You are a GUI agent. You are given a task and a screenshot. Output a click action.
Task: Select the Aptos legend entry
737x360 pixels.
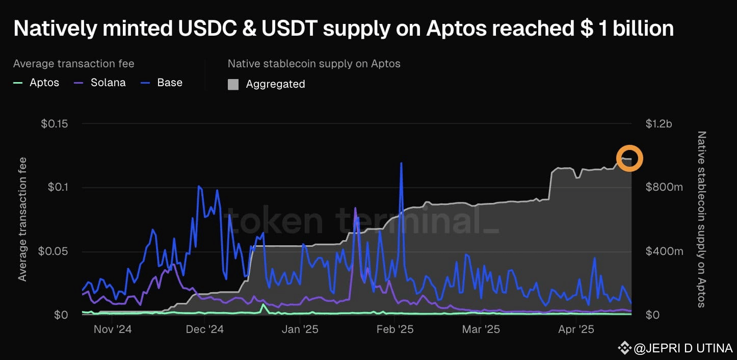[x=36, y=83]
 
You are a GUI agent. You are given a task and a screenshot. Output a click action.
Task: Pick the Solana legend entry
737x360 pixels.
[x=100, y=83]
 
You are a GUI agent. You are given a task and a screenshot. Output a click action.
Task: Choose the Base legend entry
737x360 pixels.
[x=162, y=83]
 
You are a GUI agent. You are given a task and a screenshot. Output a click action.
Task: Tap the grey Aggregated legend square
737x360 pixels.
[x=233, y=84]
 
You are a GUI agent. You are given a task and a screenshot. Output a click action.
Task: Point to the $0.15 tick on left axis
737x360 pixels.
[x=55, y=124]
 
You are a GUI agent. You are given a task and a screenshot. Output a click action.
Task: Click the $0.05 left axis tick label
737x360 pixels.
[x=53, y=251]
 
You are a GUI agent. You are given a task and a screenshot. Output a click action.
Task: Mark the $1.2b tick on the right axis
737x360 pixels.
[x=659, y=124]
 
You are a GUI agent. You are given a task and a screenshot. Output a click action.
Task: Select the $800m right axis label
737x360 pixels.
[x=664, y=187]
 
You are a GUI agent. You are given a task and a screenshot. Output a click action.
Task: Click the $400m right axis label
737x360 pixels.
[x=664, y=251]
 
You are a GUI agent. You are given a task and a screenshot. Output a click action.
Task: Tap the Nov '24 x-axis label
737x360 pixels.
[x=113, y=329]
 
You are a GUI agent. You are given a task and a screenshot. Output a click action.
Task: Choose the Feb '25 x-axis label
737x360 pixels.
[x=395, y=329]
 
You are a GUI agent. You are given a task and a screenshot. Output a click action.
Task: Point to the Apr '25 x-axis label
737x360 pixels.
[x=576, y=329]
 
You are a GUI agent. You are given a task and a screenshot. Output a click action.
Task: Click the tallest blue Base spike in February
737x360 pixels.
[x=401, y=163]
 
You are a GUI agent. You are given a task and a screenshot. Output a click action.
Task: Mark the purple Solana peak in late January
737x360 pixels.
[x=355, y=208]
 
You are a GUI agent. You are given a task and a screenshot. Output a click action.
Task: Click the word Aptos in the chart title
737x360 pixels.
[x=457, y=28]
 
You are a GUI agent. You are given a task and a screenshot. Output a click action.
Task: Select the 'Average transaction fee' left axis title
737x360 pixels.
[x=22, y=219]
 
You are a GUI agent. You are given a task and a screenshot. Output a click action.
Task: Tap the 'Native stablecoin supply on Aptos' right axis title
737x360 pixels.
[x=701, y=219]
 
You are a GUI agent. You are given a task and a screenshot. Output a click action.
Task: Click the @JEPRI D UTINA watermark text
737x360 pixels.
[x=683, y=348]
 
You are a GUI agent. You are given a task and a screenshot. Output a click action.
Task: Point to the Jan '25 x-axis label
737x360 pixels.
[x=300, y=329]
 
